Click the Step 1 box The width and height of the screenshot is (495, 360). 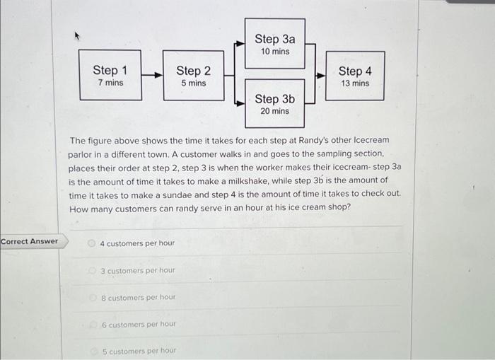click(110, 75)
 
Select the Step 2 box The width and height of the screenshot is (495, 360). click(193, 75)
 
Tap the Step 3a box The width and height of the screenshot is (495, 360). click(274, 43)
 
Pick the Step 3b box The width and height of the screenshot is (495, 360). click(274, 103)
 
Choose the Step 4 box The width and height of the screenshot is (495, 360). click(355, 76)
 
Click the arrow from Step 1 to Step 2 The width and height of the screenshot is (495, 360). click(152, 74)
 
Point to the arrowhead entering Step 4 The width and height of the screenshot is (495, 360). click(321, 74)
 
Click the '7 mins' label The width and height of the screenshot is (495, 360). click(110, 83)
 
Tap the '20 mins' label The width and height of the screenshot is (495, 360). click(274, 111)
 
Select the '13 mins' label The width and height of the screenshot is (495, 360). click(355, 83)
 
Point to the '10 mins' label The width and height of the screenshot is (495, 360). click(274, 52)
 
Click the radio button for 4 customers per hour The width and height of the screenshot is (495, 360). click(92, 243)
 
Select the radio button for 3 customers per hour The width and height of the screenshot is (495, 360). click(92, 270)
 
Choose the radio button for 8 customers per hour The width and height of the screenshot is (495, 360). click(92, 297)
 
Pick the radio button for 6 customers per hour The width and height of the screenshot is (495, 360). click(92, 325)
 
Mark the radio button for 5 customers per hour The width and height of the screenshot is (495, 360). click(92, 351)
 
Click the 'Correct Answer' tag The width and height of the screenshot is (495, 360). click(30, 241)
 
